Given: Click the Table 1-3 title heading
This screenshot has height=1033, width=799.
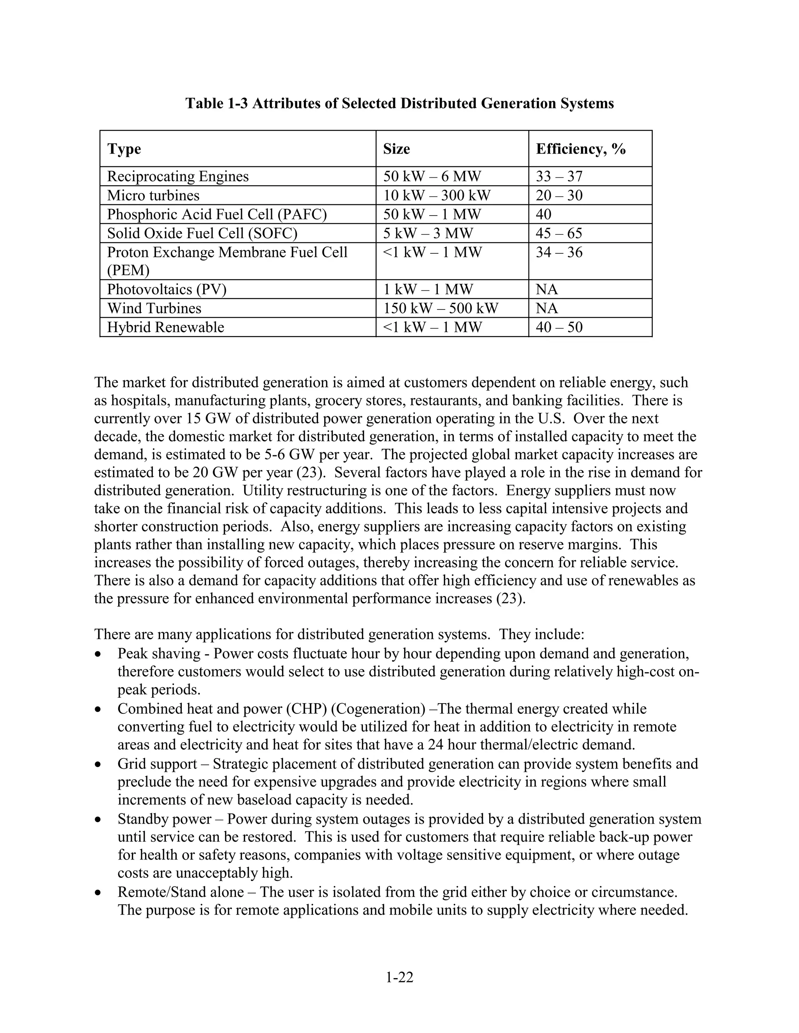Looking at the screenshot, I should (x=399, y=103).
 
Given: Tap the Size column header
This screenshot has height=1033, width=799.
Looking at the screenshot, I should (x=396, y=149).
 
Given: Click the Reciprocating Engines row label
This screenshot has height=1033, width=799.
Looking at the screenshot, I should (x=178, y=177).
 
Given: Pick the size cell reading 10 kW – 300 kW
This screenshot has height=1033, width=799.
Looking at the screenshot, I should (x=437, y=195).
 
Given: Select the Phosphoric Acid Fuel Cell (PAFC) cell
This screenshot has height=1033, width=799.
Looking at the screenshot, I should (x=217, y=214).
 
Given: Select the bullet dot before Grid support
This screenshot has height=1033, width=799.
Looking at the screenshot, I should (x=98, y=765).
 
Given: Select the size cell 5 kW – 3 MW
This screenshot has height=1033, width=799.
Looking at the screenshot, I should (x=428, y=233).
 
